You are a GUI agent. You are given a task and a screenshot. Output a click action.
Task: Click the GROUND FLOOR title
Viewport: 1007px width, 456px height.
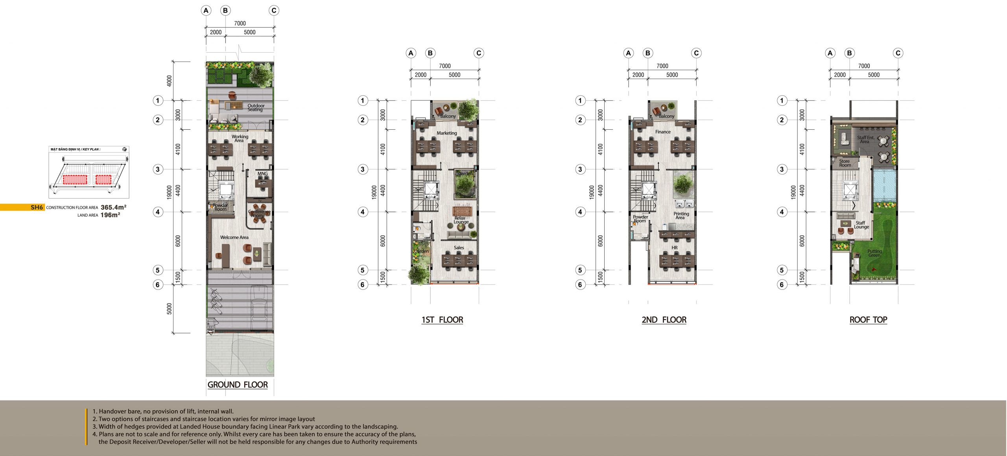pyautogui.click(x=238, y=385)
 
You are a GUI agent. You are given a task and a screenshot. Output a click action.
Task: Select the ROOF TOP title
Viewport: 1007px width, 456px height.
pyautogui.click(x=868, y=320)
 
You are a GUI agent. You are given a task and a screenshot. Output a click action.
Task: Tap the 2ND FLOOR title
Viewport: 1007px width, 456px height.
pyautogui.click(x=664, y=320)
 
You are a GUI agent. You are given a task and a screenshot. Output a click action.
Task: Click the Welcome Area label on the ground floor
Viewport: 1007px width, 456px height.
pyautogui.click(x=234, y=237)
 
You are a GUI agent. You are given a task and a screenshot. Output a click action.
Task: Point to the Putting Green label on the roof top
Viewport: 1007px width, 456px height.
pyautogui.click(x=874, y=253)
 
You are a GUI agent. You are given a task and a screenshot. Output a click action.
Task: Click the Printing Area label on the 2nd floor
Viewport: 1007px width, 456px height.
pyautogui.click(x=681, y=215)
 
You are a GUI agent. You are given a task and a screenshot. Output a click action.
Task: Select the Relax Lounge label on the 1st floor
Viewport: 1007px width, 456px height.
pyautogui.click(x=461, y=220)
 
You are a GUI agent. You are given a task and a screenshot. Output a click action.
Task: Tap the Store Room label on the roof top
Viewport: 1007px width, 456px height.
pyautogui.click(x=844, y=163)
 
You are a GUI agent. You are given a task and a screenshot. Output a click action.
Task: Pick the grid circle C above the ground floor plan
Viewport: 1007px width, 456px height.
pyautogui.click(x=274, y=11)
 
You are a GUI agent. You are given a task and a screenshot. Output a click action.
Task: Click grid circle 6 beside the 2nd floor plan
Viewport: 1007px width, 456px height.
pyautogui.click(x=580, y=285)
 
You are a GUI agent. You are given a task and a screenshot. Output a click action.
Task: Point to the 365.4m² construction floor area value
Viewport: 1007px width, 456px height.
pyautogui.click(x=113, y=207)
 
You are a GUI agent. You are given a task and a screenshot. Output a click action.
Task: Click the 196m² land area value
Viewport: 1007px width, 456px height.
pyautogui.click(x=110, y=215)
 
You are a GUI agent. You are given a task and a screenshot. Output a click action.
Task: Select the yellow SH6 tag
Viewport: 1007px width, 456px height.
pyautogui.click(x=37, y=207)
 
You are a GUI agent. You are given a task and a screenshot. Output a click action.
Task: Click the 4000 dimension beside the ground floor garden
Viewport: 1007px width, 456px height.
pyautogui.click(x=170, y=81)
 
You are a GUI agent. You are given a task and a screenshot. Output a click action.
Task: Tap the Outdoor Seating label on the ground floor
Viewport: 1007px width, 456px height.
pyautogui.click(x=256, y=107)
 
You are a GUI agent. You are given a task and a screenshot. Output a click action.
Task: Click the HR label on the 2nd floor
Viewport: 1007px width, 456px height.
pyautogui.click(x=674, y=248)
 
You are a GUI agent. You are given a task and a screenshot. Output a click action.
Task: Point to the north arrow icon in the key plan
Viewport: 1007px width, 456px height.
pyautogui.click(x=125, y=149)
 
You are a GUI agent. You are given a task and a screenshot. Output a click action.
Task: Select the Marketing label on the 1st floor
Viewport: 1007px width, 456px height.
pyautogui.click(x=446, y=133)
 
